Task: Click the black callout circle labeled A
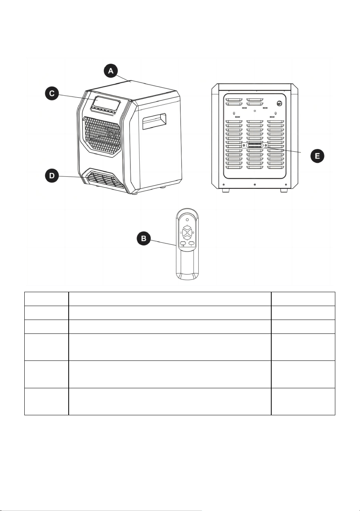[x=111, y=71]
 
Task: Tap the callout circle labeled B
[x=144, y=239]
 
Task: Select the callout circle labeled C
[x=52, y=93]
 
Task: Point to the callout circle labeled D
[x=52, y=176]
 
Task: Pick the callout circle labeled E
[x=317, y=156]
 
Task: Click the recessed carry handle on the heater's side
[x=154, y=121]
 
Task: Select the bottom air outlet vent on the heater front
[x=105, y=179]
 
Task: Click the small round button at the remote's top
[x=187, y=220]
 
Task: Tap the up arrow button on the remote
[x=187, y=228]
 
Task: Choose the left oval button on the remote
[x=183, y=243]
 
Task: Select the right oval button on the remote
[x=191, y=243]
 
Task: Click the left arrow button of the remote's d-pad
[x=184, y=233]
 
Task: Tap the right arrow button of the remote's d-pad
[x=191, y=233]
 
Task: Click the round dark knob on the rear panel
[x=279, y=103]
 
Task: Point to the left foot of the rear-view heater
[x=226, y=190]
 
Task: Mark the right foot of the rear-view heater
[x=284, y=190]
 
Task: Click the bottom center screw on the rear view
[x=255, y=184]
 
